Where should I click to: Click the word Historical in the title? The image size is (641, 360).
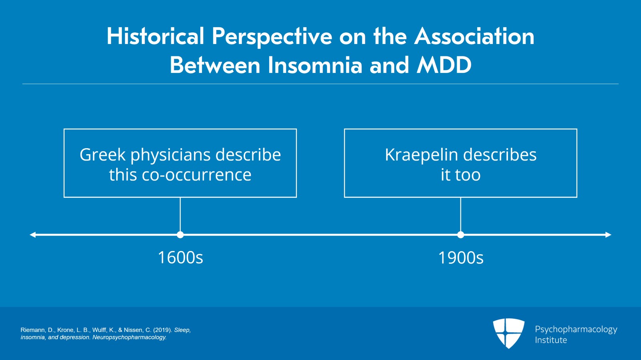pyautogui.click(x=155, y=36)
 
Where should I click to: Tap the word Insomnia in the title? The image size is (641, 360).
pyautogui.click(x=315, y=65)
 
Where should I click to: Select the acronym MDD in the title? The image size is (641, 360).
pyautogui.click(x=444, y=65)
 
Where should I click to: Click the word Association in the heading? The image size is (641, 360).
pyautogui.click(x=474, y=36)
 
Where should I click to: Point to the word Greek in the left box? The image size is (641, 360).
pyautogui.click(x=103, y=155)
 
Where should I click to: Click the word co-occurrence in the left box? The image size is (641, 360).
pyautogui.click(x=196, y=175)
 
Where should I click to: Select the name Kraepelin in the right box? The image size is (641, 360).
pyautogui.click(x=415, y=155)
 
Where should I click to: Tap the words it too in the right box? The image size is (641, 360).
pyautogui.click(x=460, y=175)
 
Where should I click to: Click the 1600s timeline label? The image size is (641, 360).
pyautogui.click(x=180, y=257)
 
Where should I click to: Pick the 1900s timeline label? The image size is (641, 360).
pyautogui.click(x=461, y=257)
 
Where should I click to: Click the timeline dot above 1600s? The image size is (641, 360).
pyautogui.click(x=180, y=235)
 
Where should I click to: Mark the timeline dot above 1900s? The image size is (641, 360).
pyautogui.click(x=461, y=235)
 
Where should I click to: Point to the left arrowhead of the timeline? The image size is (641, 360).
pyautogui.click(x=33, y=235)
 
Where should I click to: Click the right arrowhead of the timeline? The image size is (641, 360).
pyautogui.click(x=608, y=235)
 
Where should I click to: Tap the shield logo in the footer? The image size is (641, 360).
pyautogui.click(x=508, y=333)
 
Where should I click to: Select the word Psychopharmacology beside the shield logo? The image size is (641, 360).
pyautogui.click(x=576, y=329)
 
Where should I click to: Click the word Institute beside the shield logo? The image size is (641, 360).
pyautogui.click(x=551, y=340)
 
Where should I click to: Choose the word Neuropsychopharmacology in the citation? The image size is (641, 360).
pyautogui.click(x=129, y=337)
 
